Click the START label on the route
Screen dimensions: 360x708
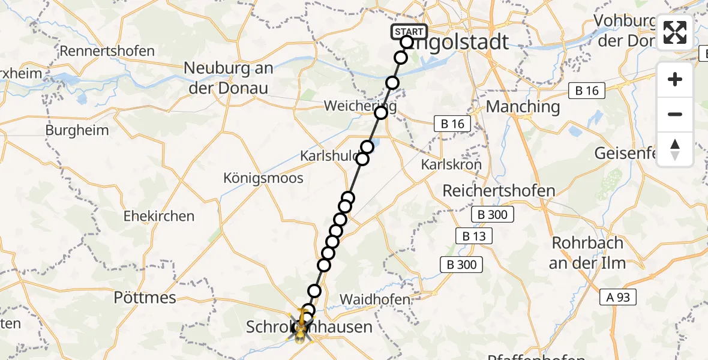click(409, 32)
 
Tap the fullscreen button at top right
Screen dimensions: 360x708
click(675, 32)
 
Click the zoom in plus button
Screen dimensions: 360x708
click(675, 79)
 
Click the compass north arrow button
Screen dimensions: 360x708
click(675, 149)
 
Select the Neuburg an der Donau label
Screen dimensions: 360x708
click(228, 77)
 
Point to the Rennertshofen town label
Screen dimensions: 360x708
click(107, 50)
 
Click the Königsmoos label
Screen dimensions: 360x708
click(263, 178)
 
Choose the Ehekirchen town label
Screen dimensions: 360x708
click(158, 216)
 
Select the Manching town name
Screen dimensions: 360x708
click(523, 107)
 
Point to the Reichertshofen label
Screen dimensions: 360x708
click(499, 191)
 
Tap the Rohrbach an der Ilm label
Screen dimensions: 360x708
click(587, 253)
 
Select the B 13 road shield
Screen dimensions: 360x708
click(475, 236)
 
